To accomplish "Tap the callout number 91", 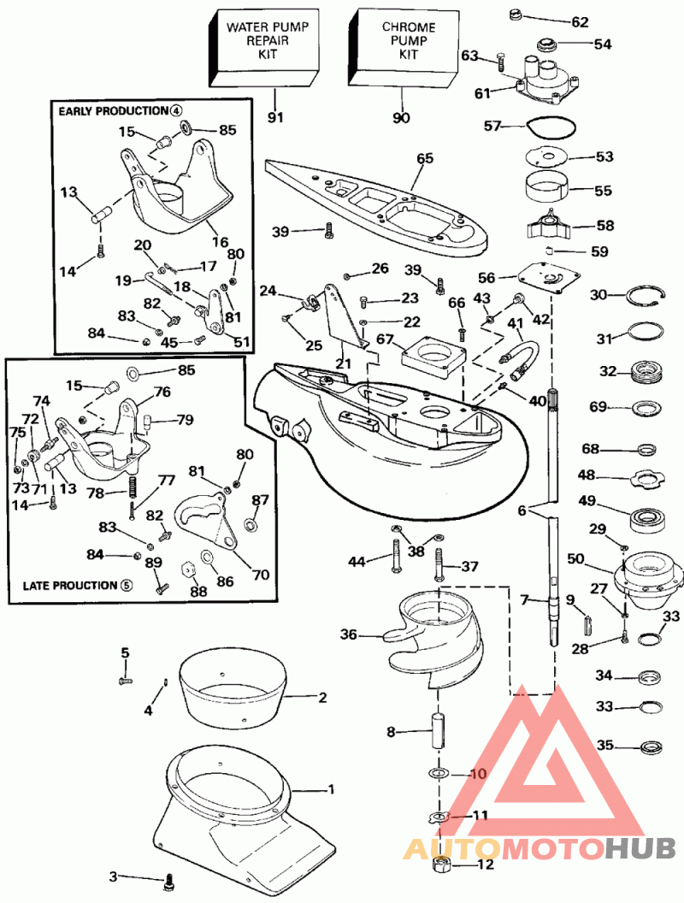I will pos(274,118).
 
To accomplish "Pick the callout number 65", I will pos(425,158).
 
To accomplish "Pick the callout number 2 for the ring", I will pos(322,698).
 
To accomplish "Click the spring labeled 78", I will pos(133,488).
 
